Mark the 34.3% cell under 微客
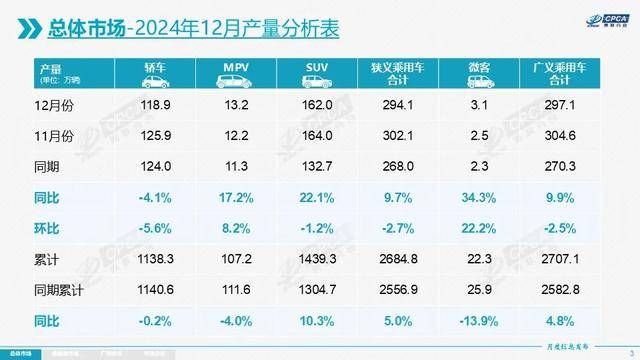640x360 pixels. pyautogui.click(x=479, y=197)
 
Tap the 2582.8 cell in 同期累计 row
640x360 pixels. pyautogui.click(x=560, y=289)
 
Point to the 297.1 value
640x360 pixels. pyautogui.click(x=560, y=104)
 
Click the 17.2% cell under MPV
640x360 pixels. pyautogui.click(x=235, y=197)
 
